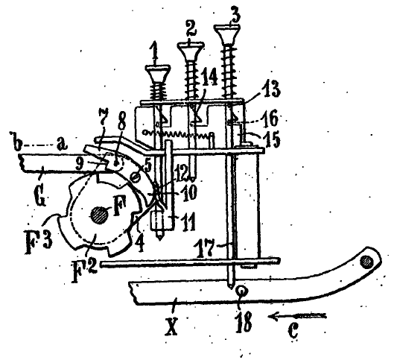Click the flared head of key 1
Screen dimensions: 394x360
[x=158, y=75]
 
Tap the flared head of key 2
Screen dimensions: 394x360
[x=191, y=51]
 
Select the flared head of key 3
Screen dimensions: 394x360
[x=227, y=34]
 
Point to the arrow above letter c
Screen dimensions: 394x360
[x=297, y=316]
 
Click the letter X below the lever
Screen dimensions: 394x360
[x=171, y=326]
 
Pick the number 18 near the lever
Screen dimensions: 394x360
[x=244, y=322]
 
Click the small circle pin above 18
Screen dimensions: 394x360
[x=242, y=291]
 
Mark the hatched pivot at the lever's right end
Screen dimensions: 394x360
[x=366, y=262]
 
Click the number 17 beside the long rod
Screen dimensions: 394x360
[x=206, y=248]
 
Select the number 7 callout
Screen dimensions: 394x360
[x=104, y=120]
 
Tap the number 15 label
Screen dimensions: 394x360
[x=271, y=139]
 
